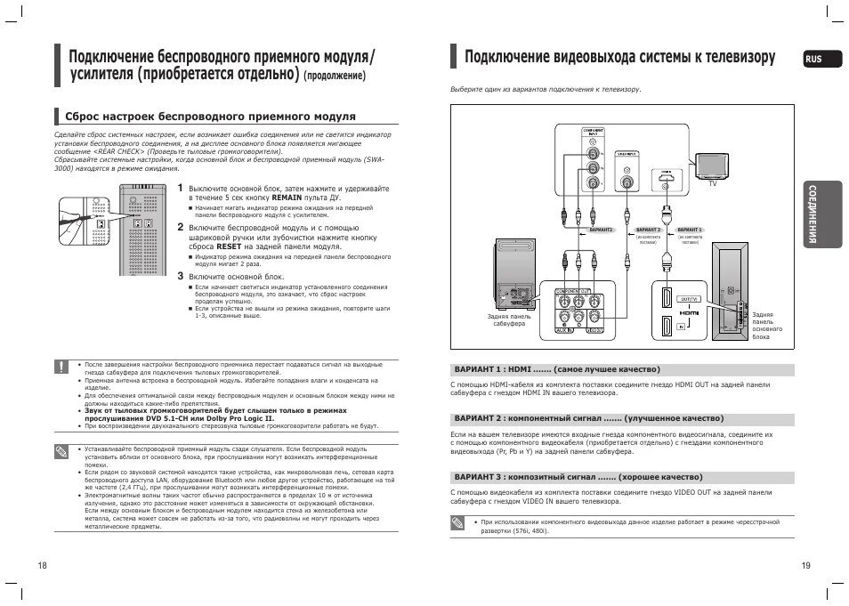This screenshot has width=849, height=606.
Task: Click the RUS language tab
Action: pos(813,59)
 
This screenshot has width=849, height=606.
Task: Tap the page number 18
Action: pos(41,566)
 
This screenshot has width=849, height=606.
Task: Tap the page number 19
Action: pos(805,566)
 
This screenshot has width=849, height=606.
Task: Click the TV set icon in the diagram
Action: pos(712,165)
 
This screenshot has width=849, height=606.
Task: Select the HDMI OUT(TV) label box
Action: pos(689,299)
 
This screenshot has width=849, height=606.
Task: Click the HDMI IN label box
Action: pos(682,327)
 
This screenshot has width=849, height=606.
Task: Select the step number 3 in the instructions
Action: pos(179,276)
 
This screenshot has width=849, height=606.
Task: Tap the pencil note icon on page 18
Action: pos(61,451)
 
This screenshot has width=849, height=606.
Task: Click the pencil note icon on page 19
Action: pos(457,525)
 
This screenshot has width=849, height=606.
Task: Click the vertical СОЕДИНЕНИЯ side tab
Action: pos(813,214)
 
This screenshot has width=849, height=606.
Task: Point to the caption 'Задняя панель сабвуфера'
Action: pos(509,319)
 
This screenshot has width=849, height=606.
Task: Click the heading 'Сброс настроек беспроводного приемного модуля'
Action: pos(210,117)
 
